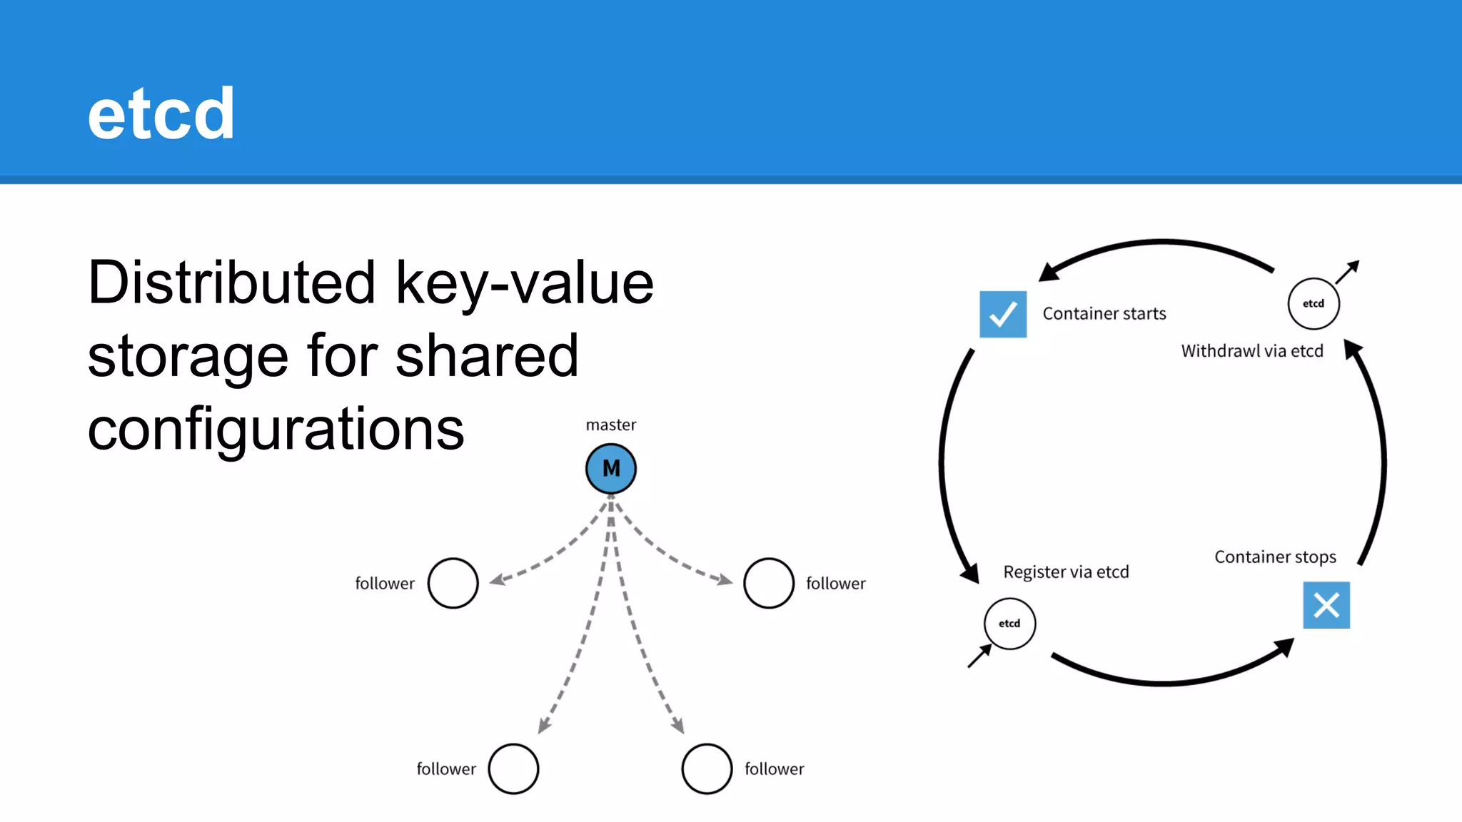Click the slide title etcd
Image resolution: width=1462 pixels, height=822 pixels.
point(161,114)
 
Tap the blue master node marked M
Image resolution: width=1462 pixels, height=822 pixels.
point(611,469)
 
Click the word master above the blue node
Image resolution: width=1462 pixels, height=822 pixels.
point(610,425)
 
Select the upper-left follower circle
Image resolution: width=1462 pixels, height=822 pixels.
point(453,583)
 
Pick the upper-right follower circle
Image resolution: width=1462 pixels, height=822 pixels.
point(768,583)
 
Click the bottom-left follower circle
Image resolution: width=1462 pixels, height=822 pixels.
point(513,768)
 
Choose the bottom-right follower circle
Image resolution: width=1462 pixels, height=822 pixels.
point(707,768)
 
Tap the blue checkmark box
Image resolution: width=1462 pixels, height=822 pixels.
point(1003,314)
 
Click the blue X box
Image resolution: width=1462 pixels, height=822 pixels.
point(1326,605)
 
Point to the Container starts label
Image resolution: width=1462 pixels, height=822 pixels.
point(1104,314)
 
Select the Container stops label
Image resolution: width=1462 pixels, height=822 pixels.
point(1275,557)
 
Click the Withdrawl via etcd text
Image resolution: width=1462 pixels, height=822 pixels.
point(1252,351)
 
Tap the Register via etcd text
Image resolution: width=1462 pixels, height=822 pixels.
point(1066,572)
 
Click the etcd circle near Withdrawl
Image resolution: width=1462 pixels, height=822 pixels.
point(1314,304)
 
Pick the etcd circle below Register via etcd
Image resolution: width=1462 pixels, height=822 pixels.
point(1009,624)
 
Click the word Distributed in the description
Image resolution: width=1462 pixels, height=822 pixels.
point(231,283)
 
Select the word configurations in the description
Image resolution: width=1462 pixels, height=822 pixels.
point(276,430)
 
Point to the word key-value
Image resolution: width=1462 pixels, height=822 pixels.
point(524,283)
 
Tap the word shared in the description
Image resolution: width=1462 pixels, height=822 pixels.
point(486,356)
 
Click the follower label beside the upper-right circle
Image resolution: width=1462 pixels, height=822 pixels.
point(835,584)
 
